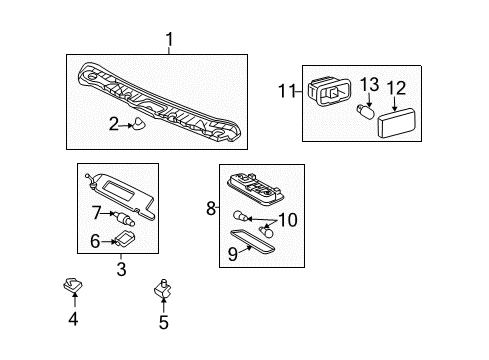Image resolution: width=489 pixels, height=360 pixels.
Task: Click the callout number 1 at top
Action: pyautogui.click(x=170, y=40)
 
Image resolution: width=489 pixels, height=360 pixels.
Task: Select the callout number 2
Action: pyautogui.click(x=115, y=124)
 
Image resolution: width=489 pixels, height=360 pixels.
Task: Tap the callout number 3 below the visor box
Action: pyautogui.click(x=120, y=270)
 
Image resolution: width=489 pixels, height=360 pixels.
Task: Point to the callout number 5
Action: pyautogui.click(x=164, y=322)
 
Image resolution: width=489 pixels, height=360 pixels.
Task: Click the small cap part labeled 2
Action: pyautogui.click(x=142, y=123)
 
